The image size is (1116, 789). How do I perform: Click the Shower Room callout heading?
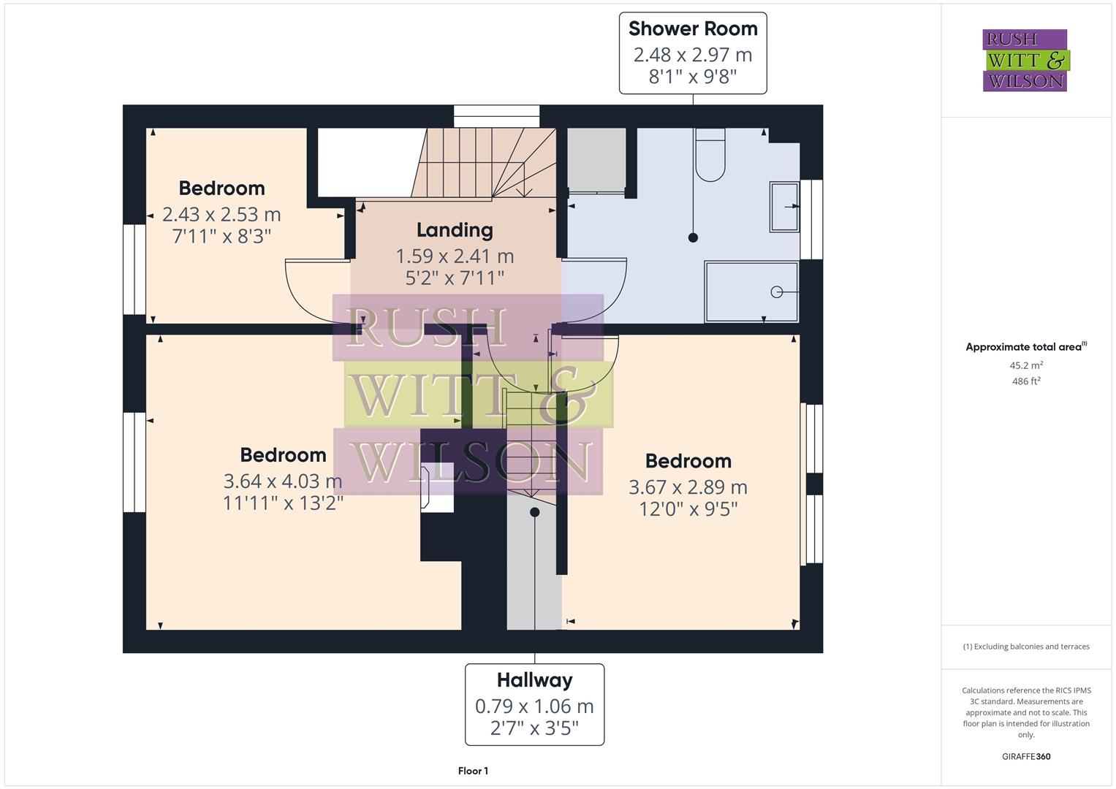click(x=693, y=29)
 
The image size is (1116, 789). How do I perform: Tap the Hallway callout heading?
click(x=534, y=680)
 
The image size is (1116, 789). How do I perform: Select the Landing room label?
click(x=455, y=230)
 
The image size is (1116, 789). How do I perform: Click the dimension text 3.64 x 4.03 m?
click(x=283, y=481)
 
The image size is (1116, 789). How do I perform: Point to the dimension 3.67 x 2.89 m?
click(x=688, y=487)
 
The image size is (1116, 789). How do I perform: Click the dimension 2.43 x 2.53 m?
click(x=221, y=215)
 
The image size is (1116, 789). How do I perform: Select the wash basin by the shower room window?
click(x=783, y=207)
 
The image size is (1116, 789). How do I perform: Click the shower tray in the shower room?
click(x=751, y=291)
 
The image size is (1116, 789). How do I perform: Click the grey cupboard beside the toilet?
click(x=596, y=159)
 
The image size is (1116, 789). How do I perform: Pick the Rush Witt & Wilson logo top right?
click(x=1025, y=61)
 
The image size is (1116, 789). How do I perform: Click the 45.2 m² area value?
click(x=1026, y=365)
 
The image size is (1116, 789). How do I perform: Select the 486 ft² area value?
click(x=1026, y=381)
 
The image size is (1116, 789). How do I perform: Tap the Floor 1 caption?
click(x=473, y=771)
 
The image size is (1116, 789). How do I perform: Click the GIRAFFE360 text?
click(x=1026, y=757)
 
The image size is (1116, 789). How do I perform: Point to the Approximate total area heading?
click(x=1025, y=347)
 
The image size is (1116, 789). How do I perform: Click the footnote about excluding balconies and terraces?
click(x=1026, y=647)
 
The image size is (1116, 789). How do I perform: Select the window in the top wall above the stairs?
click(x=496, y=116)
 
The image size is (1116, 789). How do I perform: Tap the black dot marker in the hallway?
click(x=534, y=512)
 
